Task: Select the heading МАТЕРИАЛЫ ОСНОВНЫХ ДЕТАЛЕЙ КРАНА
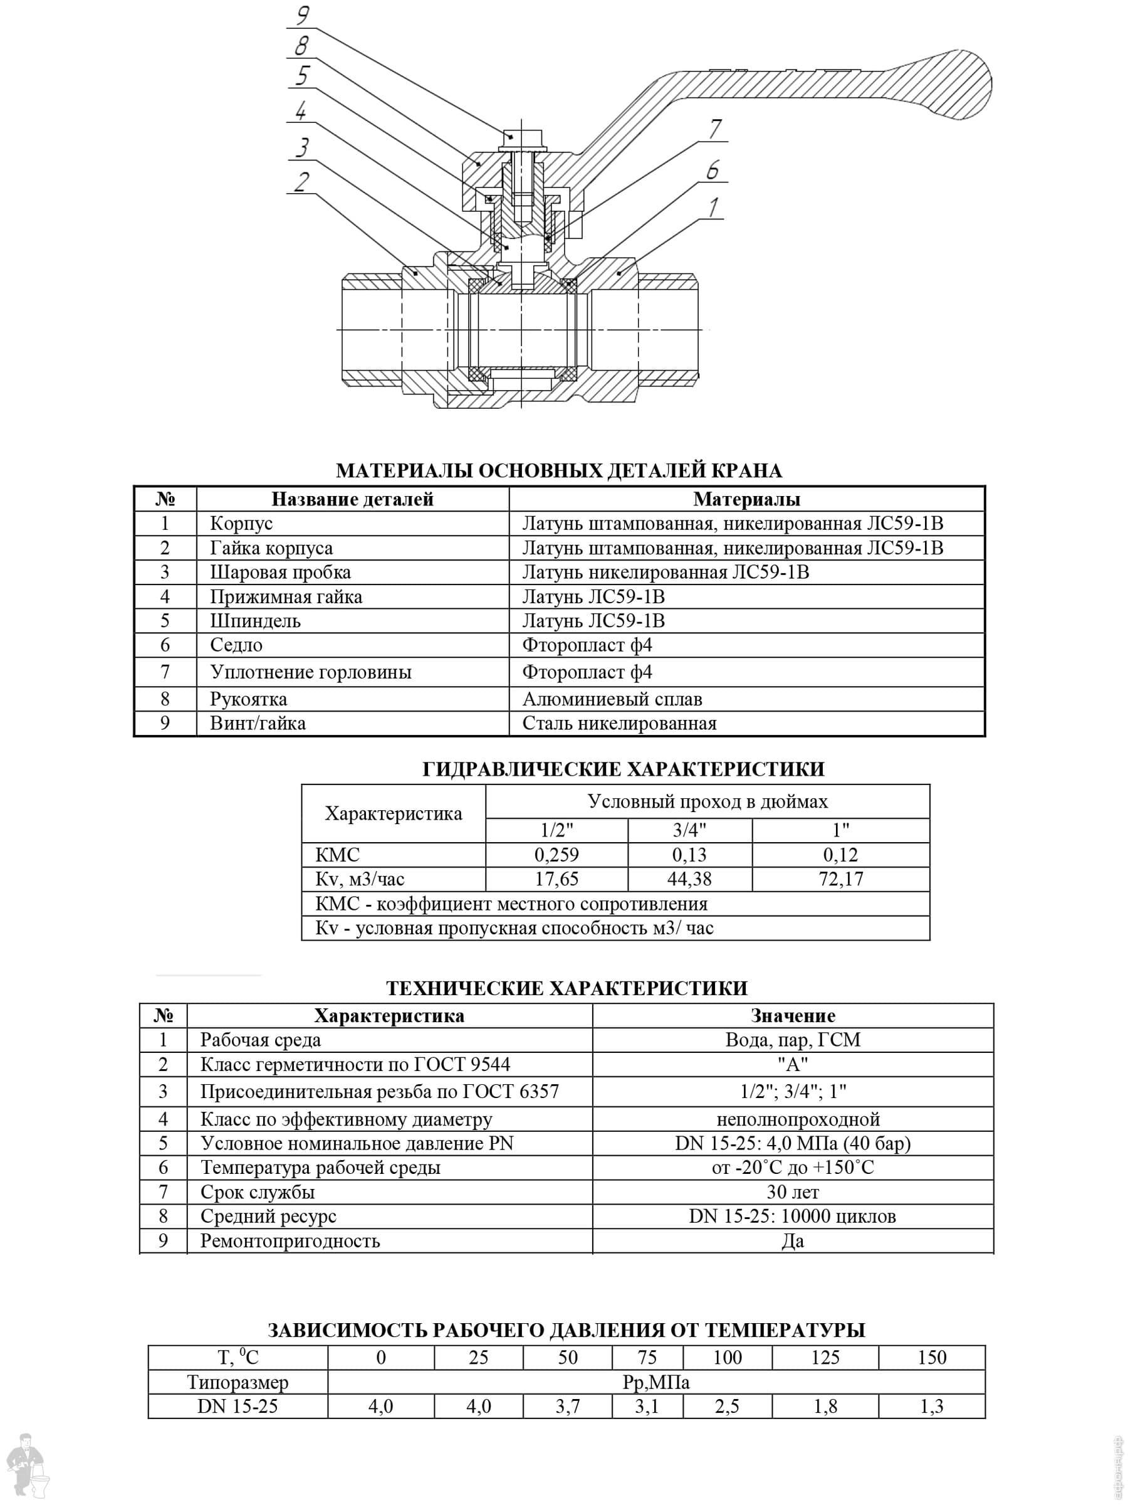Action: [x=559, y=471]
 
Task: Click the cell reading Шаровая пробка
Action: [x=280, y=572]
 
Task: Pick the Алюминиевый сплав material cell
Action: [x=612, y=699]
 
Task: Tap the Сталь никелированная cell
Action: [x=619, y=723]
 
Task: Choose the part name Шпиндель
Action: [x=255, y=621]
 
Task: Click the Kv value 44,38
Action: [x=689, y=879]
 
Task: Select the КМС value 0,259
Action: [x=556, y=855]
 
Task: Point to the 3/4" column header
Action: [x=689, y=830]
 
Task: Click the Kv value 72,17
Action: [x=840, y=879]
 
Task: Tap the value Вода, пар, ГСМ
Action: [x=792, y=1040]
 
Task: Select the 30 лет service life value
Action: [x=792, y=1192]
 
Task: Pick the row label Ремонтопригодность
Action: [x=290, y=1241]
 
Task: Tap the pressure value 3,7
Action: [x=567, y=1407]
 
